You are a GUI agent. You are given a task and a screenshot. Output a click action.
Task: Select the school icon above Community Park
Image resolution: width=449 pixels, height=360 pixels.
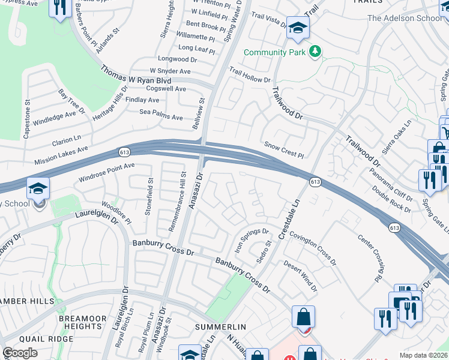click(297, 28)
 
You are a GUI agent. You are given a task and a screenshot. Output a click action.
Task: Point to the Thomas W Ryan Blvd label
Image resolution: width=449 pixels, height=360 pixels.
click(136, 76)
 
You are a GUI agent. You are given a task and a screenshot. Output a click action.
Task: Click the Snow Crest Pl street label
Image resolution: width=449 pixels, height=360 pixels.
click(284, 149)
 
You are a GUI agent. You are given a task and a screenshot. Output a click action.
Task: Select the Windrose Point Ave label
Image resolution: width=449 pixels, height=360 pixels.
click(107, 172)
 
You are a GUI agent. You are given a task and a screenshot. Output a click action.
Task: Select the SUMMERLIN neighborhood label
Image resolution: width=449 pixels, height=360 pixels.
click(221, 326)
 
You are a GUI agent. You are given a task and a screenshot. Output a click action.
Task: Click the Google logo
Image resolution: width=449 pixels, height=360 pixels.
click(20, 353)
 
